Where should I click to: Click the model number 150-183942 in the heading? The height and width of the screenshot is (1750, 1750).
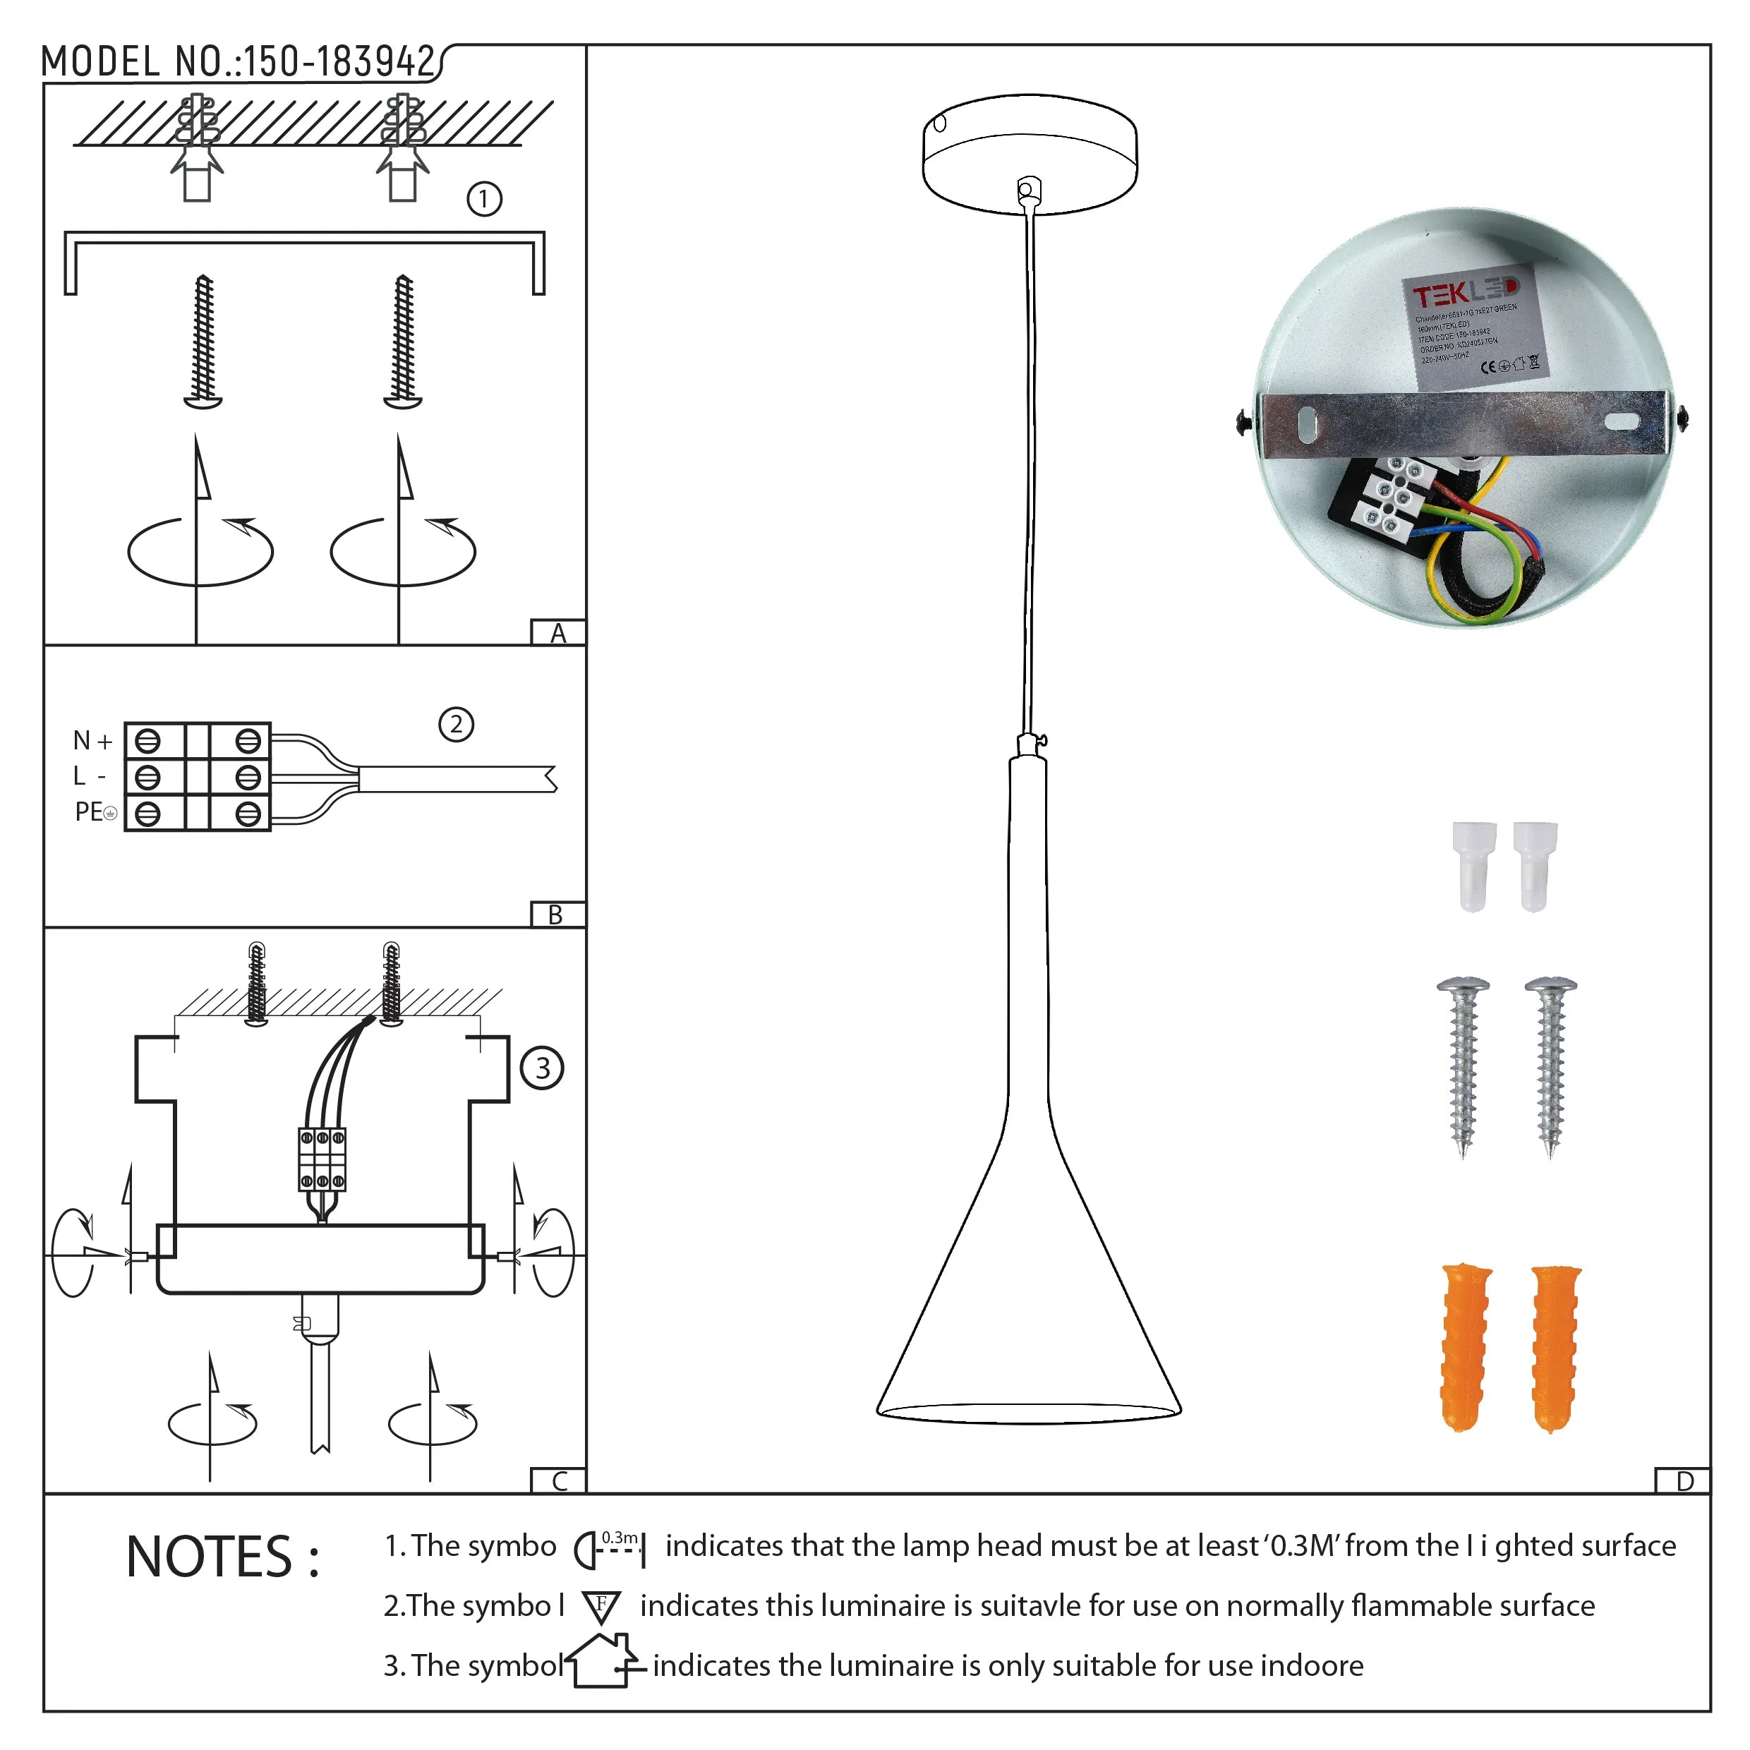point(339,61)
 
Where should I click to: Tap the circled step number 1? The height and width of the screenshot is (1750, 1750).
point(483,199)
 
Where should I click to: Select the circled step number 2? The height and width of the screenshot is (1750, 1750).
point(456,725)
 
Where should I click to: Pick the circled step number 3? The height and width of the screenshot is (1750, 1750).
point(542,1068)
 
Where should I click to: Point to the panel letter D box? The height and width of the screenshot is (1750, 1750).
point(1684,1482)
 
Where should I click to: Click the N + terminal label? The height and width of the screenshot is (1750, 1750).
point(92,741)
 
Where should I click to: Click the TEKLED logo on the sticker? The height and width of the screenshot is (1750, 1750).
point(1465,291)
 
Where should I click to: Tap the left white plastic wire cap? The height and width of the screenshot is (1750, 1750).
point(1473,865)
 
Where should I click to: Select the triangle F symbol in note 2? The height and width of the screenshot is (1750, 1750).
point(601,1607)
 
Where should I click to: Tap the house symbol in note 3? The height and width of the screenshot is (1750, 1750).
point(601,1661)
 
